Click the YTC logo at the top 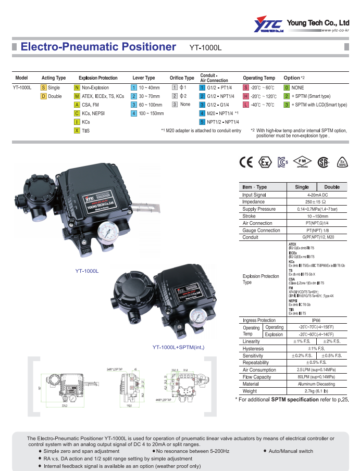pos(268,25)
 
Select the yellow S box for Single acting pos(44,88)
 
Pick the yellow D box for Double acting pos(44,96)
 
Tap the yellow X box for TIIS pos(77,131)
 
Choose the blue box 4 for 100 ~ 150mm pos(134,113)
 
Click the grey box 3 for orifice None pos(175,105)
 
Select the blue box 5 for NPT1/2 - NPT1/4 pos(202,122)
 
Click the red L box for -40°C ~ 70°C pos(246,105)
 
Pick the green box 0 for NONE pos(287,88)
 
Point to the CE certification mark pos(245,162)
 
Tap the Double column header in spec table pos(332,187)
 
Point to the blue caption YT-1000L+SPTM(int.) pos(178,347)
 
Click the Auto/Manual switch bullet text pos(291,451)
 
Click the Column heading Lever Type pos(143,78)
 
